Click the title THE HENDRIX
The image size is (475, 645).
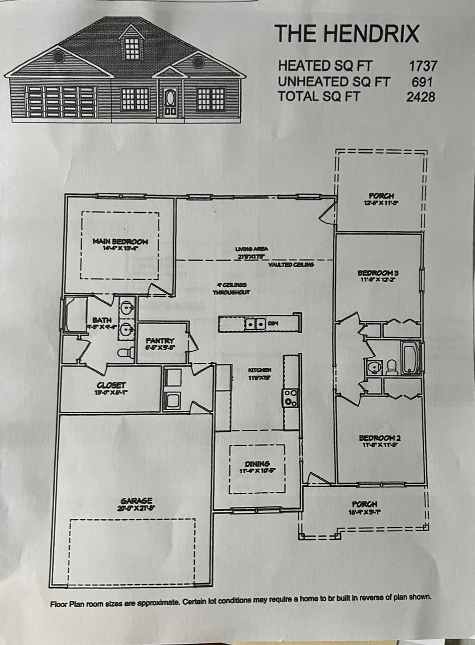pos(347,33)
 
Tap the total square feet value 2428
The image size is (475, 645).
pos(421,96)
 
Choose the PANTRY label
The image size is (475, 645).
pos(160,341)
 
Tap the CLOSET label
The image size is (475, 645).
pos(111,385)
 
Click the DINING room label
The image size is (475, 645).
pos(257,464)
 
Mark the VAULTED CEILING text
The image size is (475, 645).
pos(291,265)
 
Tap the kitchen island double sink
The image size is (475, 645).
pos(255,324)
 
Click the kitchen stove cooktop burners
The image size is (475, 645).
pos(291,398)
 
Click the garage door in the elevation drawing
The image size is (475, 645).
pos(61,102)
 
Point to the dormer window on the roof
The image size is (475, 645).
pos(132,47)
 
